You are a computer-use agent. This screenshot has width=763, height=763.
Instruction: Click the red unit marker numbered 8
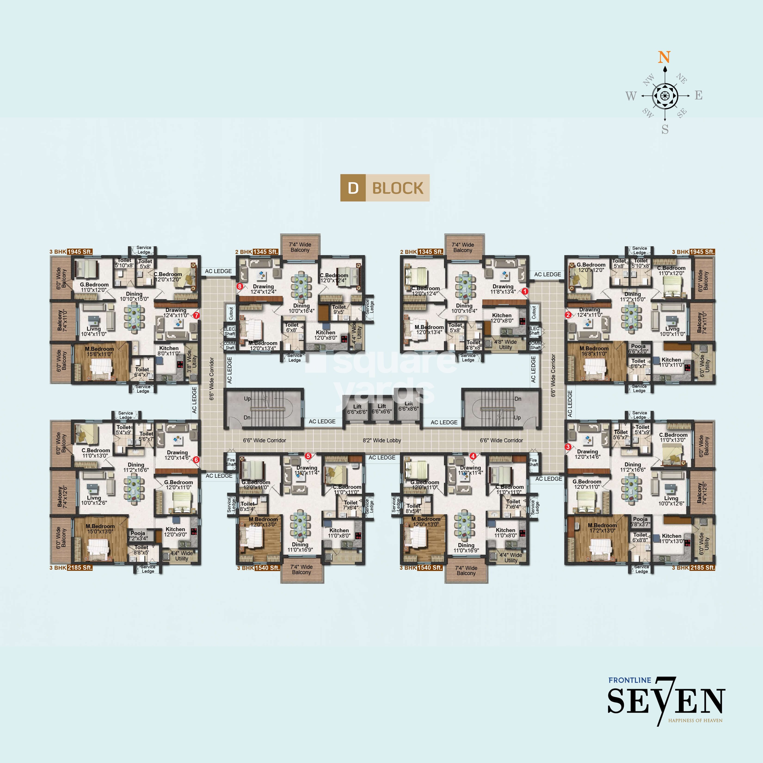point(239,286)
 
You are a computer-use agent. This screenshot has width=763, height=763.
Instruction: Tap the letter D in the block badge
point(353,188)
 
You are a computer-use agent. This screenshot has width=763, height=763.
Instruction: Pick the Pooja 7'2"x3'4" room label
point(138,535)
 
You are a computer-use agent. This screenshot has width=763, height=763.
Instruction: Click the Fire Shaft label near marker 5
point(231,462)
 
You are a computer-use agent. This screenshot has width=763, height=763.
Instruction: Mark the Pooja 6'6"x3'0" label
point(638,349)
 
